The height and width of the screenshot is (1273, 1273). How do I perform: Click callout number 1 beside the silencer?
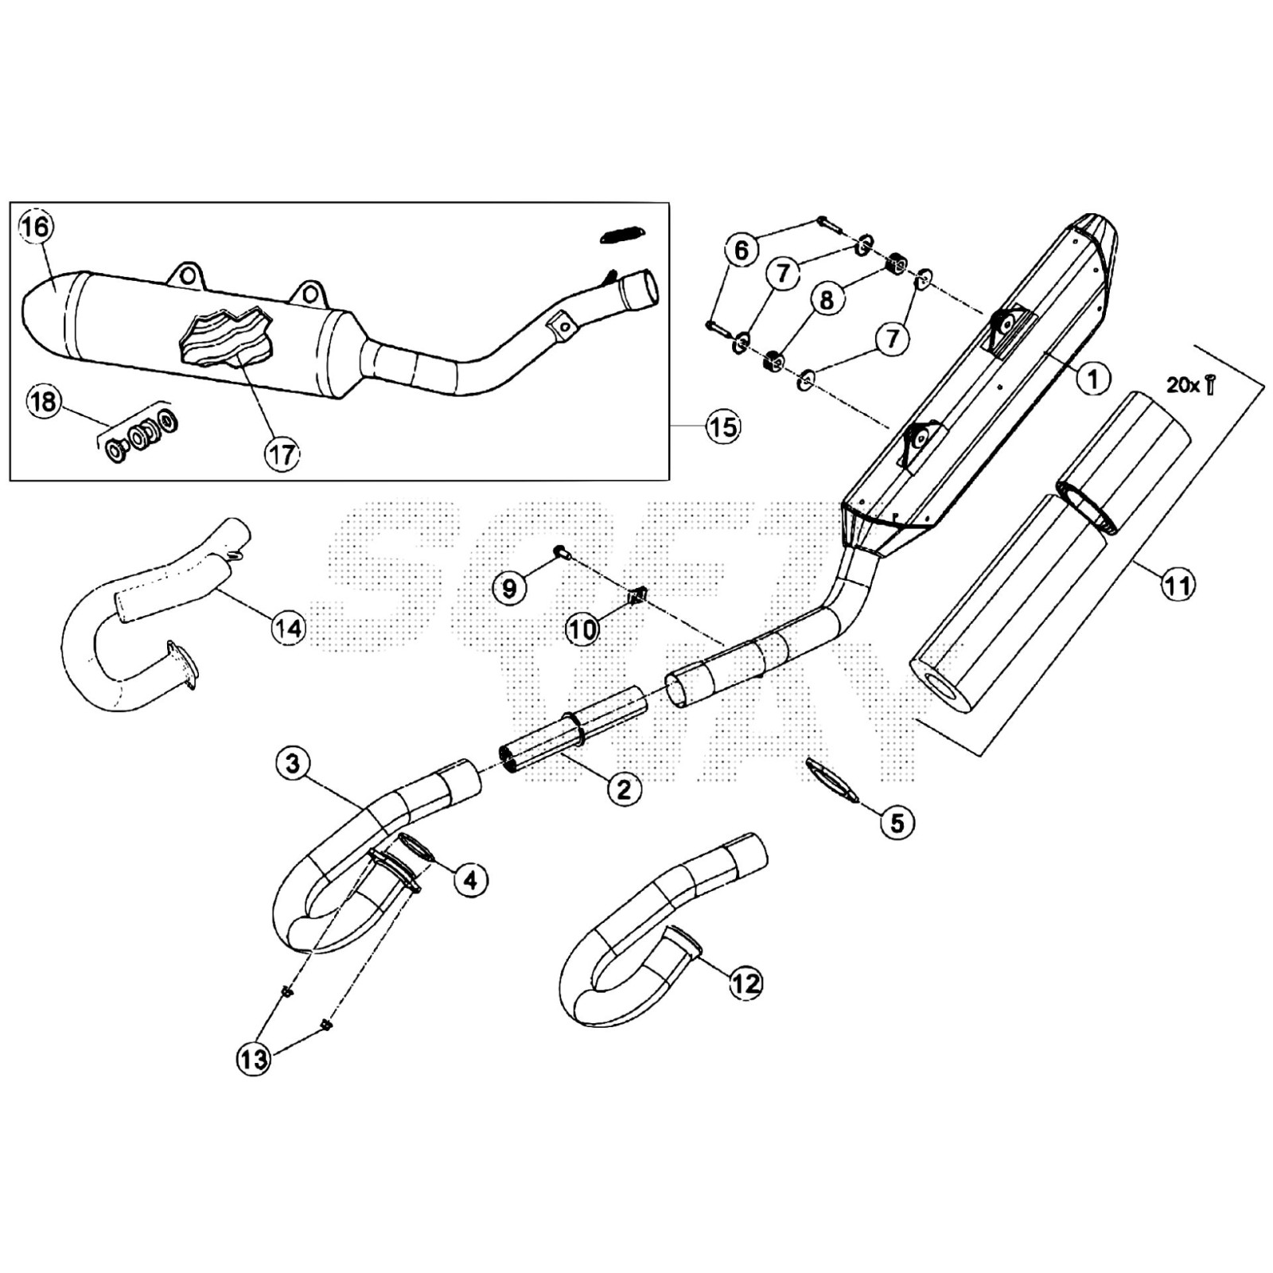[1094, 378]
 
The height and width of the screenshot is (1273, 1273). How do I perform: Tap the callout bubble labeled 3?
[293, 764]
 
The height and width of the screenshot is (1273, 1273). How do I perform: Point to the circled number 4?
[471, 880]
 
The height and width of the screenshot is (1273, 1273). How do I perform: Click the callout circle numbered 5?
[897, 823]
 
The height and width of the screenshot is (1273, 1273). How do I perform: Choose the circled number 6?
[742, 251]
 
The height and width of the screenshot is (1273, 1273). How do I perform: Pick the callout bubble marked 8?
[827, 299]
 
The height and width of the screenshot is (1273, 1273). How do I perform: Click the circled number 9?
[509, 588]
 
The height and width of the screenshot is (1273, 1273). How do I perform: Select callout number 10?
[582, 630]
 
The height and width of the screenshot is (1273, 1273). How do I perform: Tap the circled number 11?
[1178, 586]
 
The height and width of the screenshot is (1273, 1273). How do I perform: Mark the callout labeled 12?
[746, 983]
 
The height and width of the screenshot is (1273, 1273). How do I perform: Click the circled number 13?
[254, 1059]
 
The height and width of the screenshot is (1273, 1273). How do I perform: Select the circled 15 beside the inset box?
[722, 427]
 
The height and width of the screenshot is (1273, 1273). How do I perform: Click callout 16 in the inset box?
[35, 227]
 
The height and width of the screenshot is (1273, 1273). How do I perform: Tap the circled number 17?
[282, 454]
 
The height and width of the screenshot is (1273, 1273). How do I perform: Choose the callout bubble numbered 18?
[43, 402]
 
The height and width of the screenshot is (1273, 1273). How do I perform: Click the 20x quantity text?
[1183, 386]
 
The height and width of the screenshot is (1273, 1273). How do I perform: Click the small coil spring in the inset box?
[623, 235]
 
